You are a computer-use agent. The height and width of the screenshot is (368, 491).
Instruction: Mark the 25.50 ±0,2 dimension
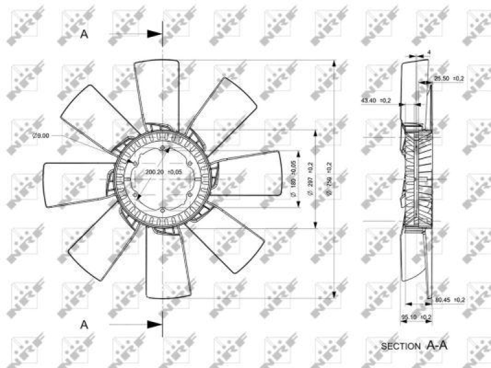(449, 78)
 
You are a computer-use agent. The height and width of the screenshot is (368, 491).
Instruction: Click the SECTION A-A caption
(414, 346)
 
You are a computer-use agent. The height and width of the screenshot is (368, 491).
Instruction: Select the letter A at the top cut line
(85, 34)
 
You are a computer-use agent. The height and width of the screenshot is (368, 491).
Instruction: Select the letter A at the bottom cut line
(85, 323)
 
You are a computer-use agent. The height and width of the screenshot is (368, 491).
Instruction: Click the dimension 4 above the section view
(429, 52)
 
